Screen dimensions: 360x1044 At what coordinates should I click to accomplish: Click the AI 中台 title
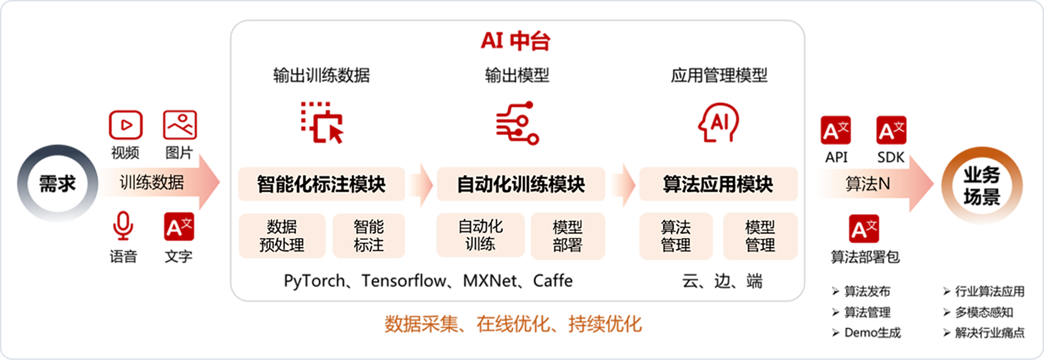(515, 41)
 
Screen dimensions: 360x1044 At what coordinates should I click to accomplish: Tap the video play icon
(125, 125)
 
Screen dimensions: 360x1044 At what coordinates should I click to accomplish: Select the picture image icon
(180, 125)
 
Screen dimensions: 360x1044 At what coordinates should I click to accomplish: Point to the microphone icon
(123, 225)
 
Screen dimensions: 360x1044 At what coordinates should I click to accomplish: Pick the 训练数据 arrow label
(152, 182)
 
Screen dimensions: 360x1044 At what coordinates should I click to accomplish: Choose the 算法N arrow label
(867, 184)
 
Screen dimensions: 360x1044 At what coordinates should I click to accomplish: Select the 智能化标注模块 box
(321, 184)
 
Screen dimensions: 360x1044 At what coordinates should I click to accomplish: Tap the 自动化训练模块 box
(521, 184)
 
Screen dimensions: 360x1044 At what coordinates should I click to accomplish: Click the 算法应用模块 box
(718, 184)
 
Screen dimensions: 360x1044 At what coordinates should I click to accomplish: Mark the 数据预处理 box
(282, 236)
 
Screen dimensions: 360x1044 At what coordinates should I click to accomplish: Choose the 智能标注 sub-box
(369, 236)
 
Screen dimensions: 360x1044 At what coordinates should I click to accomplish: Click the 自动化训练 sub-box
(480, 235)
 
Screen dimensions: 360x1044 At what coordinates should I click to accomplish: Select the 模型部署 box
(567, 236)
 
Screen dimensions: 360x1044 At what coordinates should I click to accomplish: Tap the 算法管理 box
(676, 236)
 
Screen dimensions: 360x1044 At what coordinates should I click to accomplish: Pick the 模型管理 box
(760, 236)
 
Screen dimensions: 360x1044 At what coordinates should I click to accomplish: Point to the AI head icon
(718, 123)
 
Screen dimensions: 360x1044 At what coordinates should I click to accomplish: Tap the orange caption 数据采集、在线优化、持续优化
(513, 324)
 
